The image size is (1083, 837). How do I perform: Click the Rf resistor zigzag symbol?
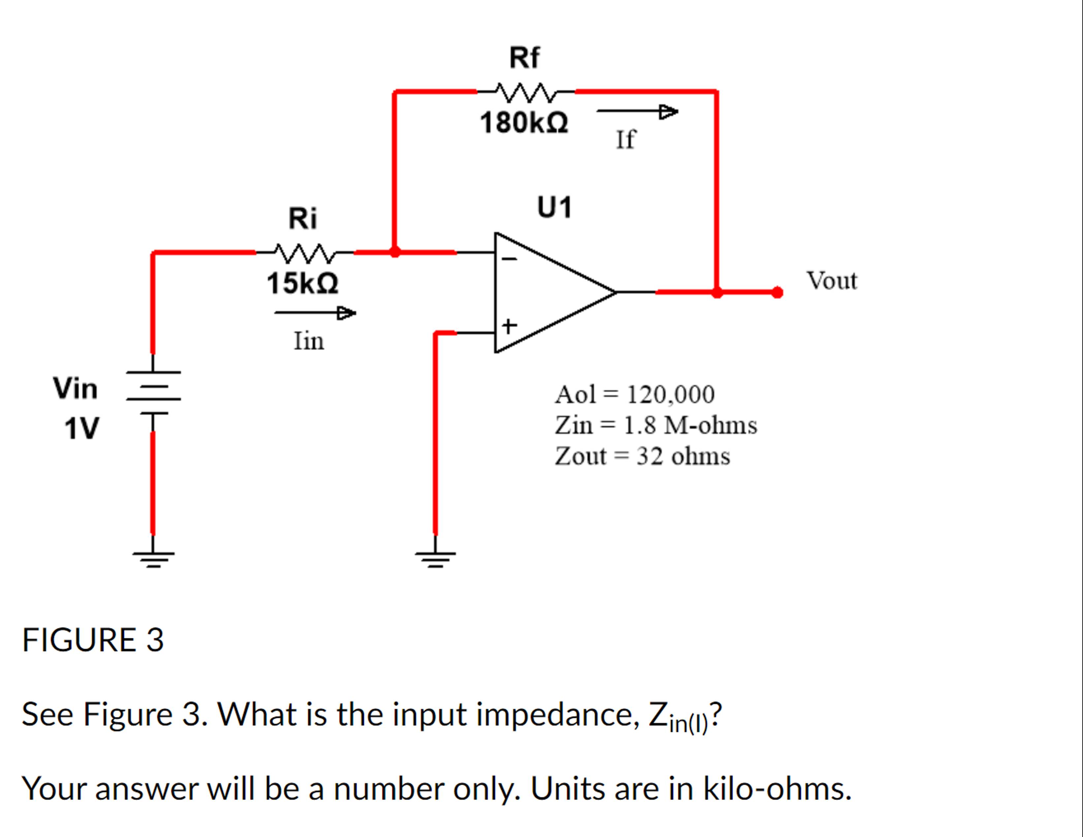coord(526,92)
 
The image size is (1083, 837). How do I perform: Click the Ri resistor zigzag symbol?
coord(304,253)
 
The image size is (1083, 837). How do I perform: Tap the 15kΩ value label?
coord(302,284)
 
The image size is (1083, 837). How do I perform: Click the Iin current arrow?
coord(315,313)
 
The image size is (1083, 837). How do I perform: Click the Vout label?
coord(832,281)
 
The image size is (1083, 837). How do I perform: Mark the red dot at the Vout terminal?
coord(778,292)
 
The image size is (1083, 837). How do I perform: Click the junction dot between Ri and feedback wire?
coord(395,252)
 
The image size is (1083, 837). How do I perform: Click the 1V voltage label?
coord(82,429)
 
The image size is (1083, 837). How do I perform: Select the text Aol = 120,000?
coord(634,395)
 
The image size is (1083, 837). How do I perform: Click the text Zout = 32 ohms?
coord(642,456)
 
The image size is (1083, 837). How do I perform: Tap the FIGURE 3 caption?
coord(93,640)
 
